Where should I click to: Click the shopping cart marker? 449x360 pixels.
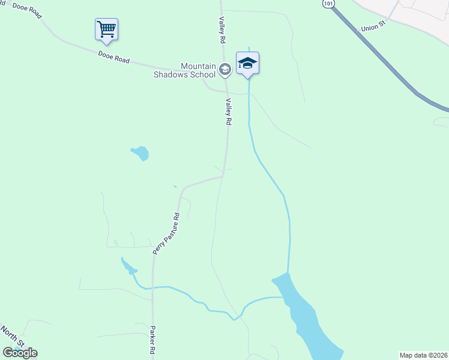click(106, 29)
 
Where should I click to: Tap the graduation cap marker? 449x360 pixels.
click(247, 63)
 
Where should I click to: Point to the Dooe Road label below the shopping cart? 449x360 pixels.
click(113, 57)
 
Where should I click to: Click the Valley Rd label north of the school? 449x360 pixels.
click(221, 31)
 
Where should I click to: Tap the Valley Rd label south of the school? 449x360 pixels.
click(228, 112)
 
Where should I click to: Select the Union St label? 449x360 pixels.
click(372, 28)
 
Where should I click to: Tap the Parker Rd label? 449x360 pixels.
click(153, 341)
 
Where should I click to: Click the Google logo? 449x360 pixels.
click(20, 352)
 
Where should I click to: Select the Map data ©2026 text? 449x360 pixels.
click(423, 355)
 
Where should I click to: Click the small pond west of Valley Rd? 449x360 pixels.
click(140, 153)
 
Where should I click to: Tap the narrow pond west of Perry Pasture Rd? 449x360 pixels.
click(128, 265)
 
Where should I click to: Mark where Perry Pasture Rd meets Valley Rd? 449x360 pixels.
click(223, 176)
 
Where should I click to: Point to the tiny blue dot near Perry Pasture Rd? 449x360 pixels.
click(175, 187)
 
